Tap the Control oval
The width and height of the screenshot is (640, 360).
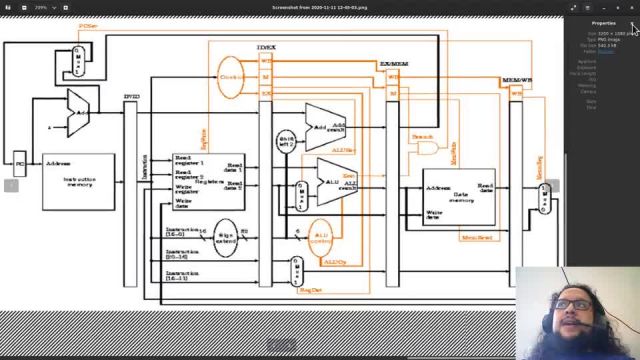(x=231, y=77)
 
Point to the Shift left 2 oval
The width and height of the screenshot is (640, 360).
(x=287, y=141)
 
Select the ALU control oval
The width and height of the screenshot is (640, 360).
(x=321, y=239)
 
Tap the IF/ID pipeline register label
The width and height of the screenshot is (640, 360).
(x=130, y=97)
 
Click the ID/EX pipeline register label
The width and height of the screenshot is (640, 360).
(x=266, y=48)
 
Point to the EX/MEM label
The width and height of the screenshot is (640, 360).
(x=393, y=63)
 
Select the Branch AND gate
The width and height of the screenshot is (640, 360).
(x=428, y=147)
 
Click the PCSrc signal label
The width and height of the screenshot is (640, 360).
(x=88, y=26)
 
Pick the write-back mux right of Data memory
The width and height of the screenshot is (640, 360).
(x=545, y=197)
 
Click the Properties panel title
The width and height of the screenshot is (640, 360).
(x=603, y=22)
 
